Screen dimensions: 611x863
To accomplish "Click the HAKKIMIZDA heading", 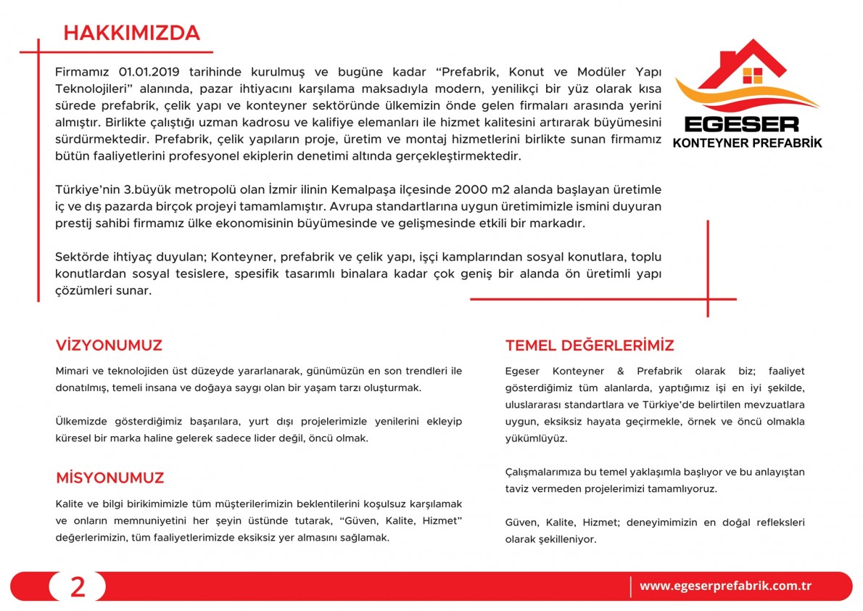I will coord(131,33).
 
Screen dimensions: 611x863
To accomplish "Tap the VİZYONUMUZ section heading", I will coord(109,345).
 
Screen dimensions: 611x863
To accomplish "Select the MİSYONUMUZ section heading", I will coord(110,478).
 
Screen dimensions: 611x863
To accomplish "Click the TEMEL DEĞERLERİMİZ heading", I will coord(590,345).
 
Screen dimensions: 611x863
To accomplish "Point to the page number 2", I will coord(78,586).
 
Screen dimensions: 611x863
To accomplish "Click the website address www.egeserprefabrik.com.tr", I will coord(725,586).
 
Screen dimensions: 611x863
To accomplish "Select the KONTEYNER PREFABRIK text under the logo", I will coord(748,143).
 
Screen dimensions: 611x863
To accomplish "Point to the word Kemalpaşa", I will coord(363,190).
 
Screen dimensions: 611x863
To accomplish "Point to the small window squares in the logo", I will coord(753,75).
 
